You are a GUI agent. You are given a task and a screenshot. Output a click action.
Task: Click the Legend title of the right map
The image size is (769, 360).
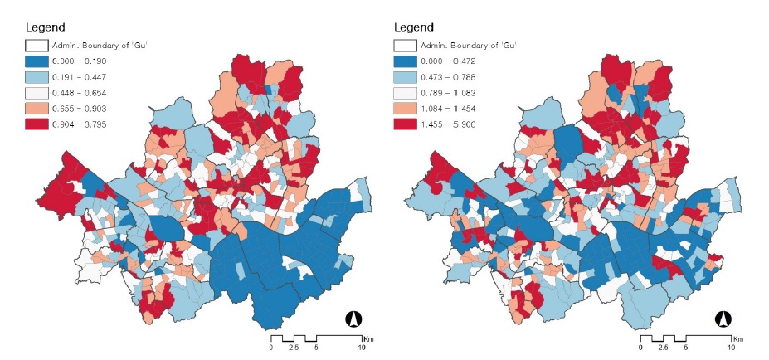tap(412, 27)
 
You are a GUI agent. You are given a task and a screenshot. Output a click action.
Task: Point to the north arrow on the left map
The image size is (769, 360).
tap(353, 319)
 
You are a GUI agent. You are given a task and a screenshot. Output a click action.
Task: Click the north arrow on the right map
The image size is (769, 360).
tap(723, 319)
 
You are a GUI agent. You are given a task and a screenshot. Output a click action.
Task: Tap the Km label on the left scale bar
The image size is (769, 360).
tap(366, 338)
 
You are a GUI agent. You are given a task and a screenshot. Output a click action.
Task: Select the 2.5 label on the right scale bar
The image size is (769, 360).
tap(662, 349)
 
